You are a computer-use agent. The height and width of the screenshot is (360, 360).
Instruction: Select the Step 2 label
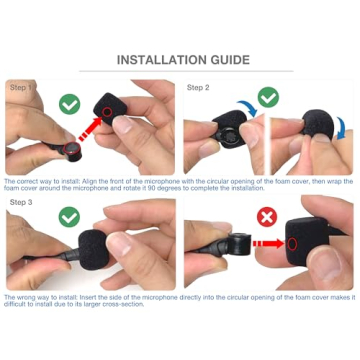click(x=197, y=88)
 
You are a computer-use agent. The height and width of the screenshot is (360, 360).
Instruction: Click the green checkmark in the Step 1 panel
click(x=69, y=104)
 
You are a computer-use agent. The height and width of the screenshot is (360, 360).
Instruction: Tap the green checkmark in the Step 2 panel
click(x=267, y=98)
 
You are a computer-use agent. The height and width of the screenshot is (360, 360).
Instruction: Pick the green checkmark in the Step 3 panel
click(x=69, y=216)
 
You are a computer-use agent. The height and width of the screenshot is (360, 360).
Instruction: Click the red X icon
click(x=267, y=216)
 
